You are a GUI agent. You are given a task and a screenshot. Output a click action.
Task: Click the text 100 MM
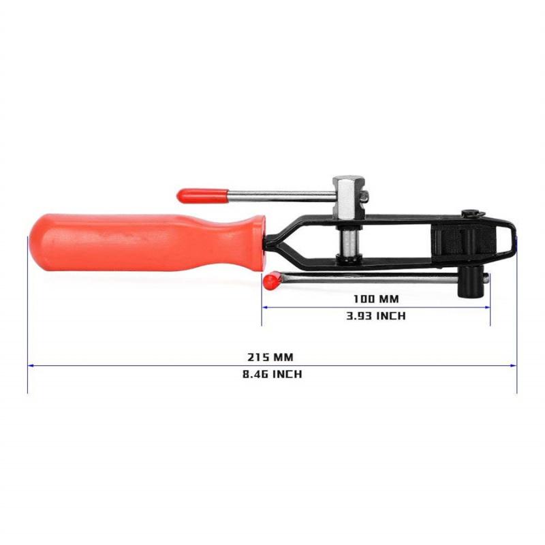pos(376,298)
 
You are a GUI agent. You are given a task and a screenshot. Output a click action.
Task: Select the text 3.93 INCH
pos(376,315)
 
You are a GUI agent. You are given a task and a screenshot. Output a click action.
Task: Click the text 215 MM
pos(270,356)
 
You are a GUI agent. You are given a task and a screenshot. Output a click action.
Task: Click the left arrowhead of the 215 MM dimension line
pos(30,365)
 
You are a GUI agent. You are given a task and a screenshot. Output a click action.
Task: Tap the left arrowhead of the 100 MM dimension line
pos(265,307)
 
